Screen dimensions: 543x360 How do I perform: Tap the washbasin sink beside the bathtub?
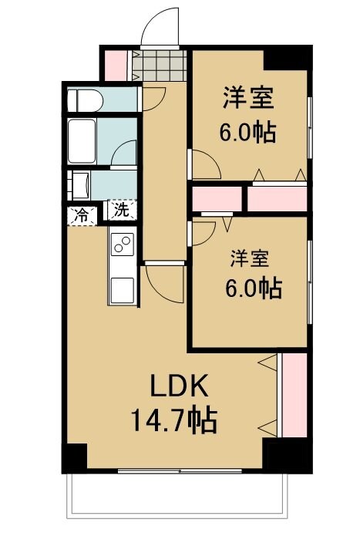79,185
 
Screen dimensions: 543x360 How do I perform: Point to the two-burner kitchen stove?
123,245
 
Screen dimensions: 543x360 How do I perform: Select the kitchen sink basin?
123,289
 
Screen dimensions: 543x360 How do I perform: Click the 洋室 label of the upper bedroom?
249,98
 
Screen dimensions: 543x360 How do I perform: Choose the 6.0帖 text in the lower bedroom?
253,288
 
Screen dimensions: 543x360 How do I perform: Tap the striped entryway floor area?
159,64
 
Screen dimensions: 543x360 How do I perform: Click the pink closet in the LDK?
293,394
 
